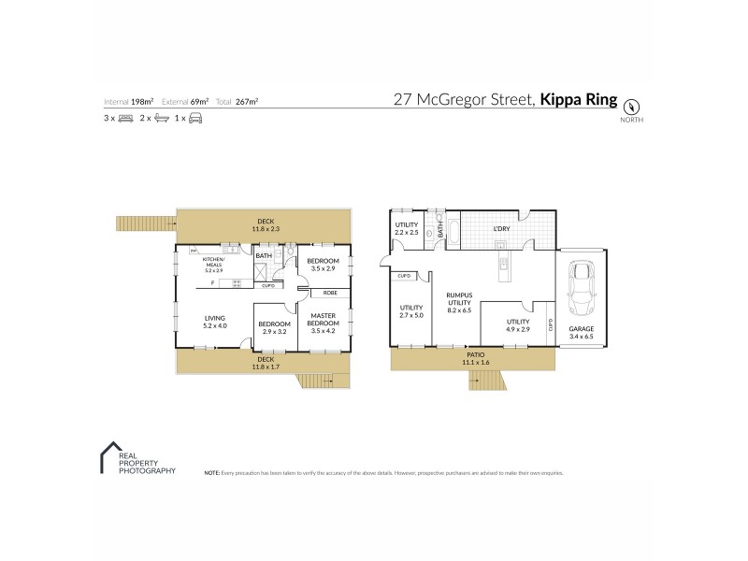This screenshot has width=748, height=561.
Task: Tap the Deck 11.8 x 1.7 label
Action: (266, 362)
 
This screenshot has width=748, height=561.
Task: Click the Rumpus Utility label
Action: (457, 299)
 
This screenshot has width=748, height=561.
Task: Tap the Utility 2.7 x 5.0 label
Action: (412, 312)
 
